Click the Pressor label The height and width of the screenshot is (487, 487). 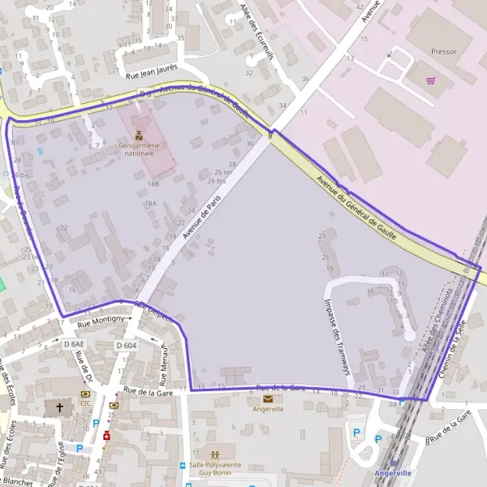pos(445,51)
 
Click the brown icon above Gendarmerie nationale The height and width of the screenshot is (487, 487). pos(139,135)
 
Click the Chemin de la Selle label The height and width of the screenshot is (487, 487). pos(453,349)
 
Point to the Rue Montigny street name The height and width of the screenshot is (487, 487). pos(101,321)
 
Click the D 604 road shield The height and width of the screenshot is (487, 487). pos(126,345)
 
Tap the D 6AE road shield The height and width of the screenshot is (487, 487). pos(74,344)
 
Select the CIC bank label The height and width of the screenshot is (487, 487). pos(85,403)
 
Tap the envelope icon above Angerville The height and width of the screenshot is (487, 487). pos(268,399)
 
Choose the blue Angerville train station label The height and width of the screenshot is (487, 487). pos(393,472)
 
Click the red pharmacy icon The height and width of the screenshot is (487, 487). pos(106,435)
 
